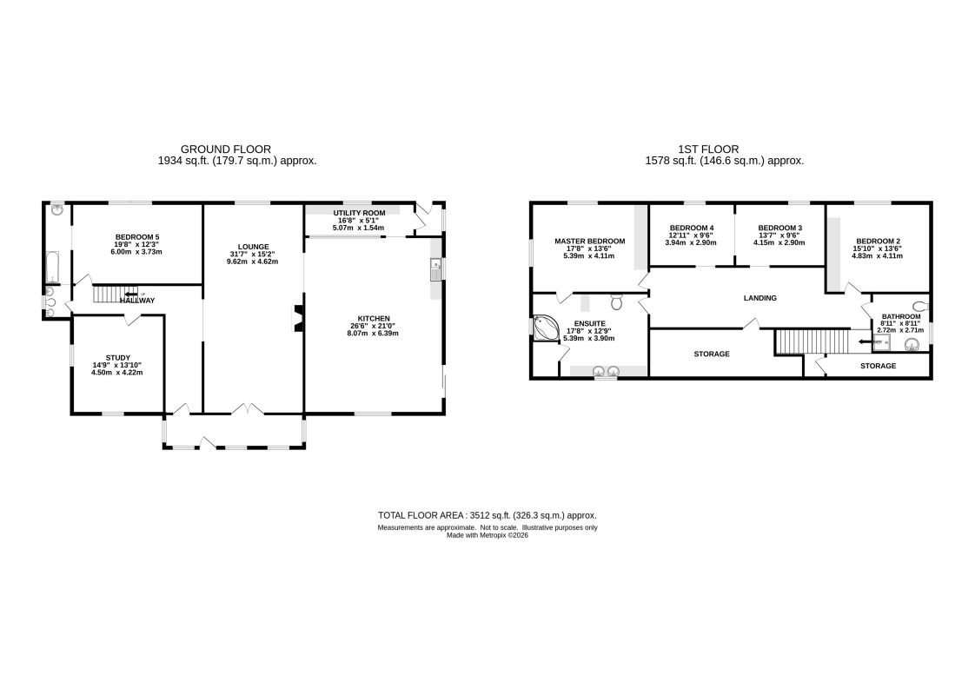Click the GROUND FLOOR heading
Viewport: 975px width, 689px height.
pyautogui.click(x=226, y=149)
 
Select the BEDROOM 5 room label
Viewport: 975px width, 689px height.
pyautogui.click(x=137, y=237)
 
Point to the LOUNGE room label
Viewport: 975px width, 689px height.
pyautogui.click(x=253, y=247)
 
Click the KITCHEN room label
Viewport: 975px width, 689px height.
pyautogui.click(x=373, y=318)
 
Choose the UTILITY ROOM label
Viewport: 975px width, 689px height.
pyautogui.click(x=360, y=213)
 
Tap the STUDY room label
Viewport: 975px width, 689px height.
pyautogui.click(x=117, y=358)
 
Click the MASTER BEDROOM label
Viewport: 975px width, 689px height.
pyautogui.click(x=589, y=242)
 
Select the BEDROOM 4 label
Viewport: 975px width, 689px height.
pyautogui.click(x=692, y=228)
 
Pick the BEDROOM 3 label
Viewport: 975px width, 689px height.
pyautogui.click(x=779, y=228)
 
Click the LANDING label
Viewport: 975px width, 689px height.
pyautogui.click(x=759, y=298)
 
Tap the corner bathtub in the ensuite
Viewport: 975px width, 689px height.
pyautogui.click(x=546, y=328)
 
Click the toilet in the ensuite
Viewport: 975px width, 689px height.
pyautogui.click(x=617, y=301)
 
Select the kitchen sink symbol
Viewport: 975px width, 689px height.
pyautogui.click(x=436, y=269)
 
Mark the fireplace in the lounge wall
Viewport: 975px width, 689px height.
pyautogui.click(x=297, y=318)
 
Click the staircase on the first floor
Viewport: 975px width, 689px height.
pyautogui.click(x=812, y=341)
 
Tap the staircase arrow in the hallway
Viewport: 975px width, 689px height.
pyautogui.click(x=131, y=295)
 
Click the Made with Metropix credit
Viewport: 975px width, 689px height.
pyautogui.click(x=487, y=535)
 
